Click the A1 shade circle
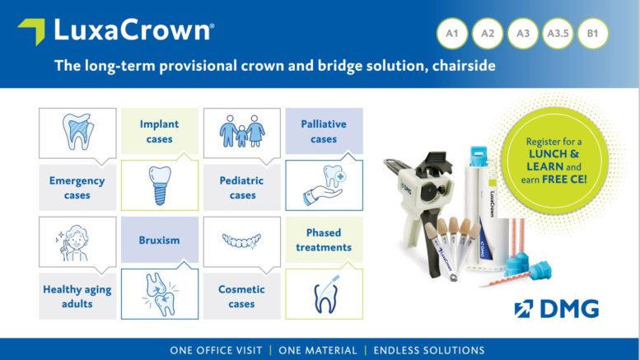[452, 34]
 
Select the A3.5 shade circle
[558, 34]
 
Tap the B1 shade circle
[593, 34]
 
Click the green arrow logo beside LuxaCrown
[31, 31]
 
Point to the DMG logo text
[569, 309]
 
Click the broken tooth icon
[78, 132]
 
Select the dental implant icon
[160, 185]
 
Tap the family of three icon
[242, 131]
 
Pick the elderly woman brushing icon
[72, 242]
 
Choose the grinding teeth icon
[160, 294]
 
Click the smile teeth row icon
[241, 241]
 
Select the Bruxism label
[159, 240]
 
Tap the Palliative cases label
[324, 132]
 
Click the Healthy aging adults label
[77, 297]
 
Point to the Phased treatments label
[324, 240]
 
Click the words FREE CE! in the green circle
[564, 180]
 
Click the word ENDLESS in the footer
[396, 350]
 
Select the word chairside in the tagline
[464, 65]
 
